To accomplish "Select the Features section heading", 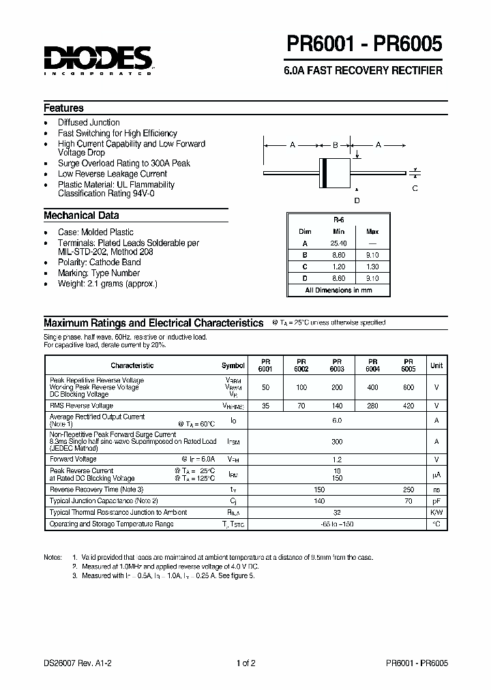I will pos(63,108).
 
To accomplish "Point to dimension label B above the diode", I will pos(335,145).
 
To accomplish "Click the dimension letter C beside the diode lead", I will pos(415,188).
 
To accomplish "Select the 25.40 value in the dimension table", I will pos(339,243).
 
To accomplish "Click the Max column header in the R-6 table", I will pos(372,232).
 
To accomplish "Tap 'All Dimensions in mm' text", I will pos(338,290).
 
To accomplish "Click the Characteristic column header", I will pos(132,365).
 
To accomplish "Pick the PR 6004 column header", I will pos(372,365).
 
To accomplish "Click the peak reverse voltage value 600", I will pos(408,387).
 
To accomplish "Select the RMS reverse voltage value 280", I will pos(372,405).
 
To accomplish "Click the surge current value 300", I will pos(337,442).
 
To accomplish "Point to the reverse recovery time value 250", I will pos(408,490).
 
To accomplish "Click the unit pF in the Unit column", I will pos(436,500).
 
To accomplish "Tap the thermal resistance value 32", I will pos(337,512).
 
